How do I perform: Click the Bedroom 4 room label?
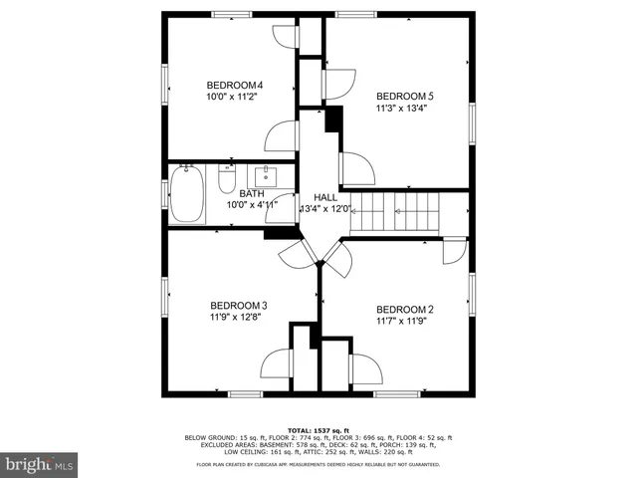234,85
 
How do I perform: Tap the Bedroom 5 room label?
405,96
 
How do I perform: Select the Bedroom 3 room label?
238,306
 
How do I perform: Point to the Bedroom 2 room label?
405,309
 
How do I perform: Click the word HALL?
325,197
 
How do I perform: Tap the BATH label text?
250,192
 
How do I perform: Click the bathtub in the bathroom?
186,195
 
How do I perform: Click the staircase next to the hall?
398,212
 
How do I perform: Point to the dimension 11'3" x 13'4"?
405,110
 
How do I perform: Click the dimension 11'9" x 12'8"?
238,319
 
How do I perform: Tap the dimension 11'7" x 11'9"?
405,322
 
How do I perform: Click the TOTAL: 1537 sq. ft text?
318,429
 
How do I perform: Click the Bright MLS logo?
41,463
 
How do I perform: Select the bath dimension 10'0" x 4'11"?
252,204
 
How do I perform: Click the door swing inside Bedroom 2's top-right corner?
454,250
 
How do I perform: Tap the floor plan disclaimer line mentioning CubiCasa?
318,464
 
